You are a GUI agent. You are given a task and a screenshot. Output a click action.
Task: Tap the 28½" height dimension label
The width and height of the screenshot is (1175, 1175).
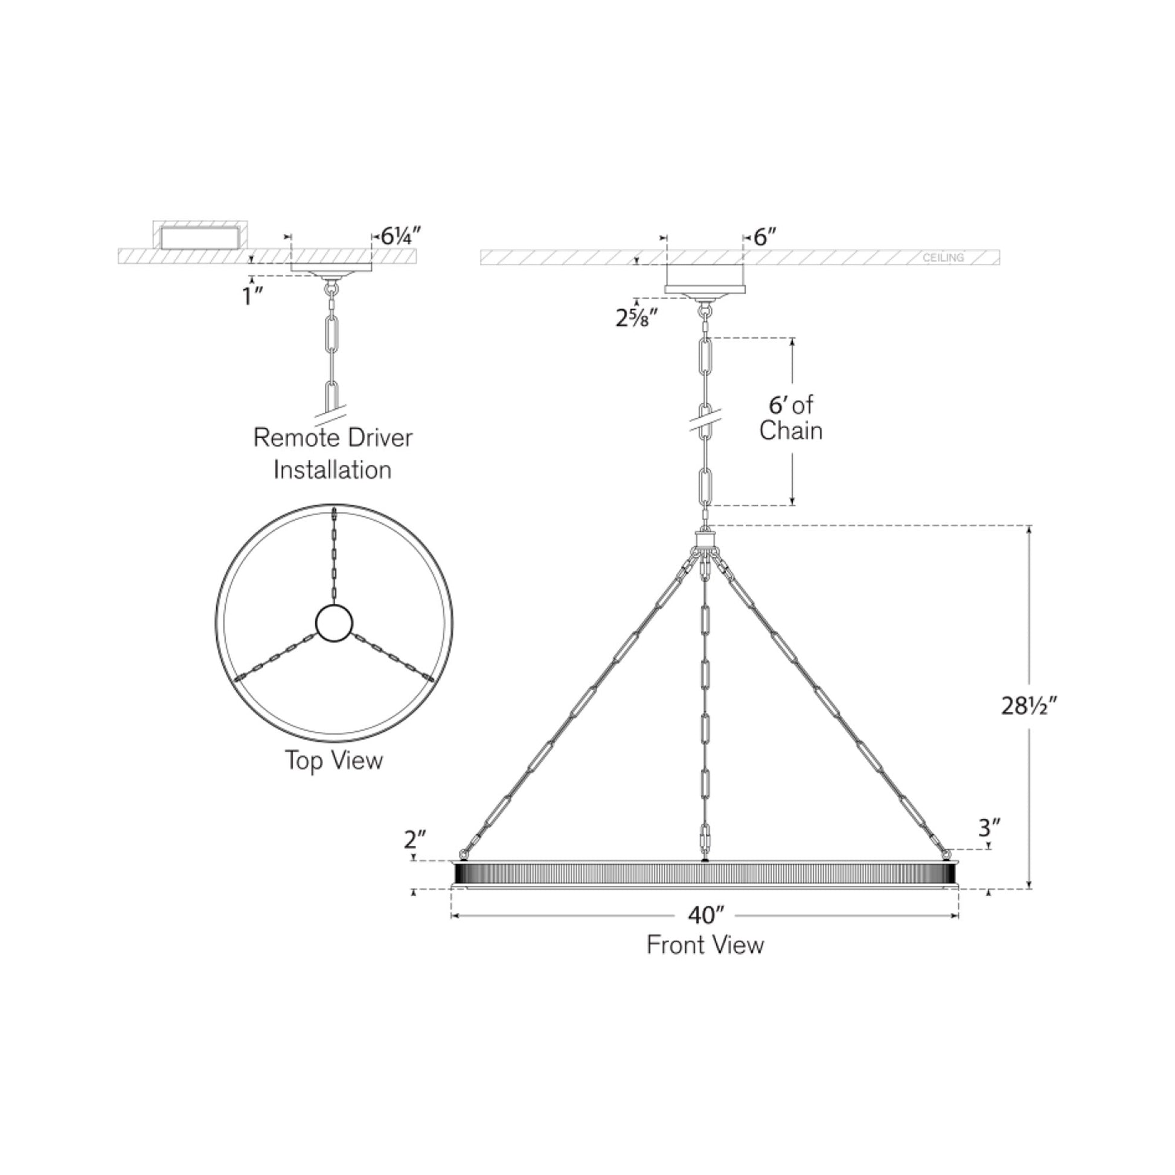(1029, 706)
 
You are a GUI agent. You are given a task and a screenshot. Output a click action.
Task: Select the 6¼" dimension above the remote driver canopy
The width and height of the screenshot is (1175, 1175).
(401, 235)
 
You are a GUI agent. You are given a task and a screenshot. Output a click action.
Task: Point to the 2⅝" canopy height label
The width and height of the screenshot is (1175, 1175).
(637, 318)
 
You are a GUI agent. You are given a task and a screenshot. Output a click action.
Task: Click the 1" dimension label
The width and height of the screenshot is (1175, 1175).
(252, 297)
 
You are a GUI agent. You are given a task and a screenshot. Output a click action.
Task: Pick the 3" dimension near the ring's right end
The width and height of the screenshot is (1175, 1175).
(990, 828)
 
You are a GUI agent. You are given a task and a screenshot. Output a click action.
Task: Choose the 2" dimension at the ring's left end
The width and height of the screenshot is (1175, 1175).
(415, 840)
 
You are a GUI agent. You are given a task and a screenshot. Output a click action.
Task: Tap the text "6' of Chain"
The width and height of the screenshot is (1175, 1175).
(790, 418)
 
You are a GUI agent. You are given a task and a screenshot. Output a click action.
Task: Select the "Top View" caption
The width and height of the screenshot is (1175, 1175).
(334, 761)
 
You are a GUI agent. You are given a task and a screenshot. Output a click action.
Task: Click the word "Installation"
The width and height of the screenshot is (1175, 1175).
(332, 470)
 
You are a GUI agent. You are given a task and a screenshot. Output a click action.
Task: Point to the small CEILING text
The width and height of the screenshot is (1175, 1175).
(943, 258)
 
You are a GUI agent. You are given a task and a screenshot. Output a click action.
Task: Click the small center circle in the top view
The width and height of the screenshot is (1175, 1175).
(334, 623)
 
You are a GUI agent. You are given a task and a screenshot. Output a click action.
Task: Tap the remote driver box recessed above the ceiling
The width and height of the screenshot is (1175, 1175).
(199, 237)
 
